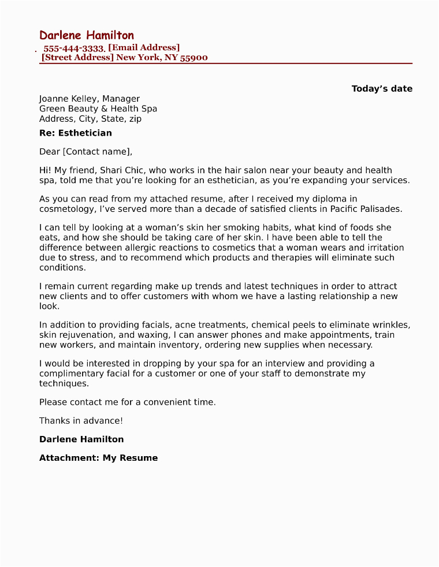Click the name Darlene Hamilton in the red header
coord(87,35)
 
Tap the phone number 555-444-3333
coord(73,49)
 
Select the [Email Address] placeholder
coord(144,48)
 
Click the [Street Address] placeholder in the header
coord(77,58)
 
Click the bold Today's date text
coord(382,89)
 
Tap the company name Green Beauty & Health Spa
coord(98,109)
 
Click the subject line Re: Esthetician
coord(76,133)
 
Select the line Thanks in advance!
coord(81,421)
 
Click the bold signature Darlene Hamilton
coord(81,439)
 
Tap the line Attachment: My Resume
coord(98,458)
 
